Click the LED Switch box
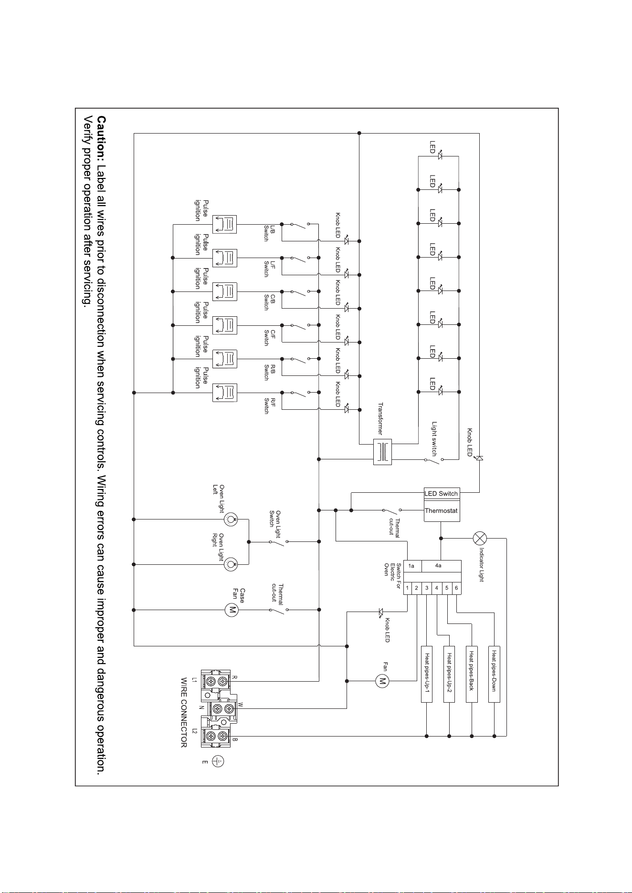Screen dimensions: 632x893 click(442, 494)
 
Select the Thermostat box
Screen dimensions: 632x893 click(442, 511)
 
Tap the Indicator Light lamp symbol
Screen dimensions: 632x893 click(479, 538)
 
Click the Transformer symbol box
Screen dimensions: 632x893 click(382, 451)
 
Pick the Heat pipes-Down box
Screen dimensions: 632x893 click(494, 674)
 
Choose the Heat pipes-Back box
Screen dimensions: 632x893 click(472, 674)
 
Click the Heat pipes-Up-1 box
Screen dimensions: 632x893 click(427, 674)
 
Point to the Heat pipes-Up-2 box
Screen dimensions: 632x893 click(449, 674)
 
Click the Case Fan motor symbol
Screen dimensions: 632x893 click(232, 610)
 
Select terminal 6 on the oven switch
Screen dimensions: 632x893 click(456, 588)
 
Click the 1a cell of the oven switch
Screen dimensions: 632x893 click(411, 566)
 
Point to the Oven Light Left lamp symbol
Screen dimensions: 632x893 click(232, 519)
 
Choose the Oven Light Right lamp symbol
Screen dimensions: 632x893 click(232, 564)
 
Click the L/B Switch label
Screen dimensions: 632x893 click(270, 233)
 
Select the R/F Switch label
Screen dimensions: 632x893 click(270, 405)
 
